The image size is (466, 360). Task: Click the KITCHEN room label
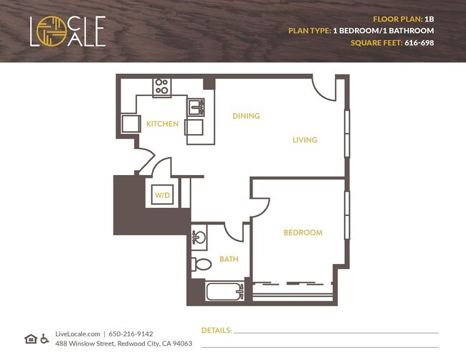(x=162, y=124)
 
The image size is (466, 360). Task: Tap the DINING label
(x=246, y=115)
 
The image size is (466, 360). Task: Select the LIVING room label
(x=305, y=140)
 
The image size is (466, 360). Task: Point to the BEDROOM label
(x=303, y=232)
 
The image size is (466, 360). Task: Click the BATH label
(x=229, y=259)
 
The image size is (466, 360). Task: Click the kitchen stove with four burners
(x=162, y=87)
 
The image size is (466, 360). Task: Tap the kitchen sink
(x=196, y=108)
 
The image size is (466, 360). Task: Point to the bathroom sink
(x=199, y=236)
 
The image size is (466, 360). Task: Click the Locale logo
(x=68, y=32)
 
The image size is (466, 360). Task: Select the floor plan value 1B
(x=430, y=19)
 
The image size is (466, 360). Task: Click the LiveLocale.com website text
(x=78, y=333)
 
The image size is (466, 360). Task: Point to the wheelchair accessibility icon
(x=44, y=338)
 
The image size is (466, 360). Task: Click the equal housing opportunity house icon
(x=30, y=338)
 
